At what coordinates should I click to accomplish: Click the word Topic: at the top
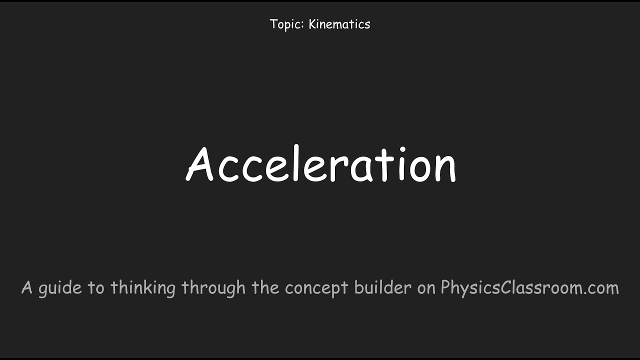(287, 24)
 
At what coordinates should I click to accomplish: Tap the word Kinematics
(339, 24)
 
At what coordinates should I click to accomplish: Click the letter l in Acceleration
(296, 163)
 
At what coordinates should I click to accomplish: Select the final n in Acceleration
(443, 169)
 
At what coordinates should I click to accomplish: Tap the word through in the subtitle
(213, 288)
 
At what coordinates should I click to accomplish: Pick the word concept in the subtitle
(317, 288)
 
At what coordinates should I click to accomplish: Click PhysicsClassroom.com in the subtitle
(529, 288)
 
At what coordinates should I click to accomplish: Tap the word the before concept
(266, 287)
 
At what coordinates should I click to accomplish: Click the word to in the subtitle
(96, 288)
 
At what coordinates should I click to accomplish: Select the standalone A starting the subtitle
(27, 288)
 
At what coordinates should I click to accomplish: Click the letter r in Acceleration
(338, 169)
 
